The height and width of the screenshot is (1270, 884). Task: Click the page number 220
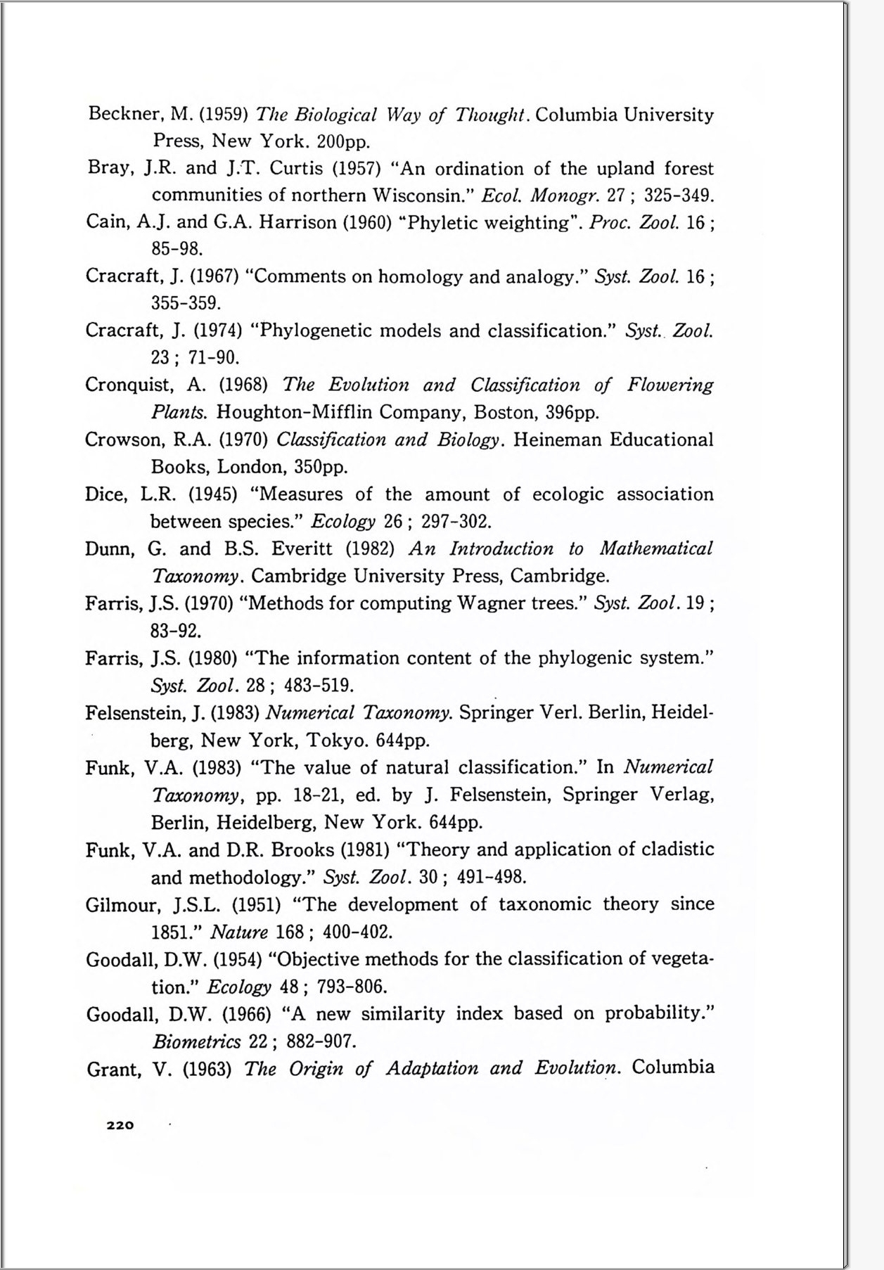click(120, 1125)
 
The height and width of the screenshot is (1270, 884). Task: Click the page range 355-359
click(186, 304)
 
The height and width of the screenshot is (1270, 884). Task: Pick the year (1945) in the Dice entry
click(212, 494)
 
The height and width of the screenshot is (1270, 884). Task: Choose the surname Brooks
click(302, 850)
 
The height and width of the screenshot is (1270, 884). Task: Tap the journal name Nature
click(239, 932)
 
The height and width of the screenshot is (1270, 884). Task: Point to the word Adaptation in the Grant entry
click(430, 1069)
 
